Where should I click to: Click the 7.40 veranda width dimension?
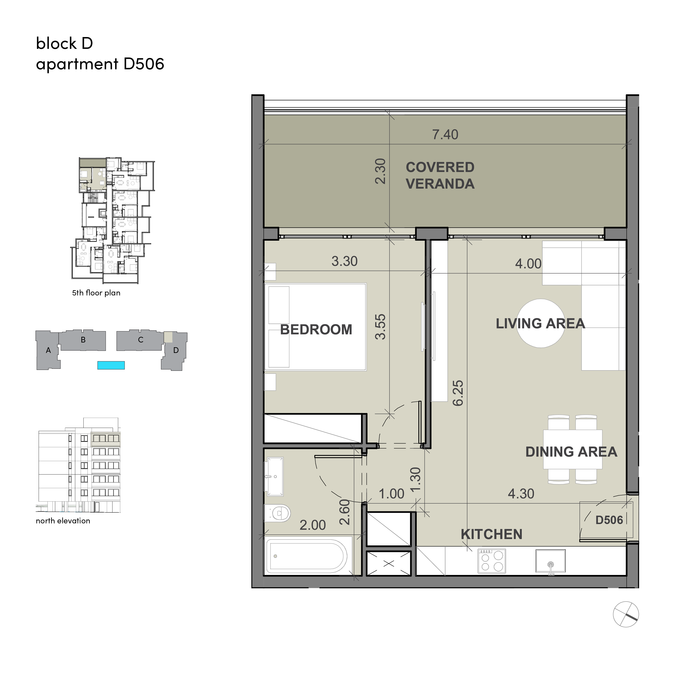[445, 135]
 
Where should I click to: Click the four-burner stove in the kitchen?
[492, 561]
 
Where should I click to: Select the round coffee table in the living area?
[540, 323]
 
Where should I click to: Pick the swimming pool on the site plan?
[111, 365]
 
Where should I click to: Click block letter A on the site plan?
[48, 350]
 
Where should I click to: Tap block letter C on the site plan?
[140, 340]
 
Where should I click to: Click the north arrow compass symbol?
[626, 614]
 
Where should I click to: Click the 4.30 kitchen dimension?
[521, 494]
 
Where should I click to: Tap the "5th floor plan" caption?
[96, 293]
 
